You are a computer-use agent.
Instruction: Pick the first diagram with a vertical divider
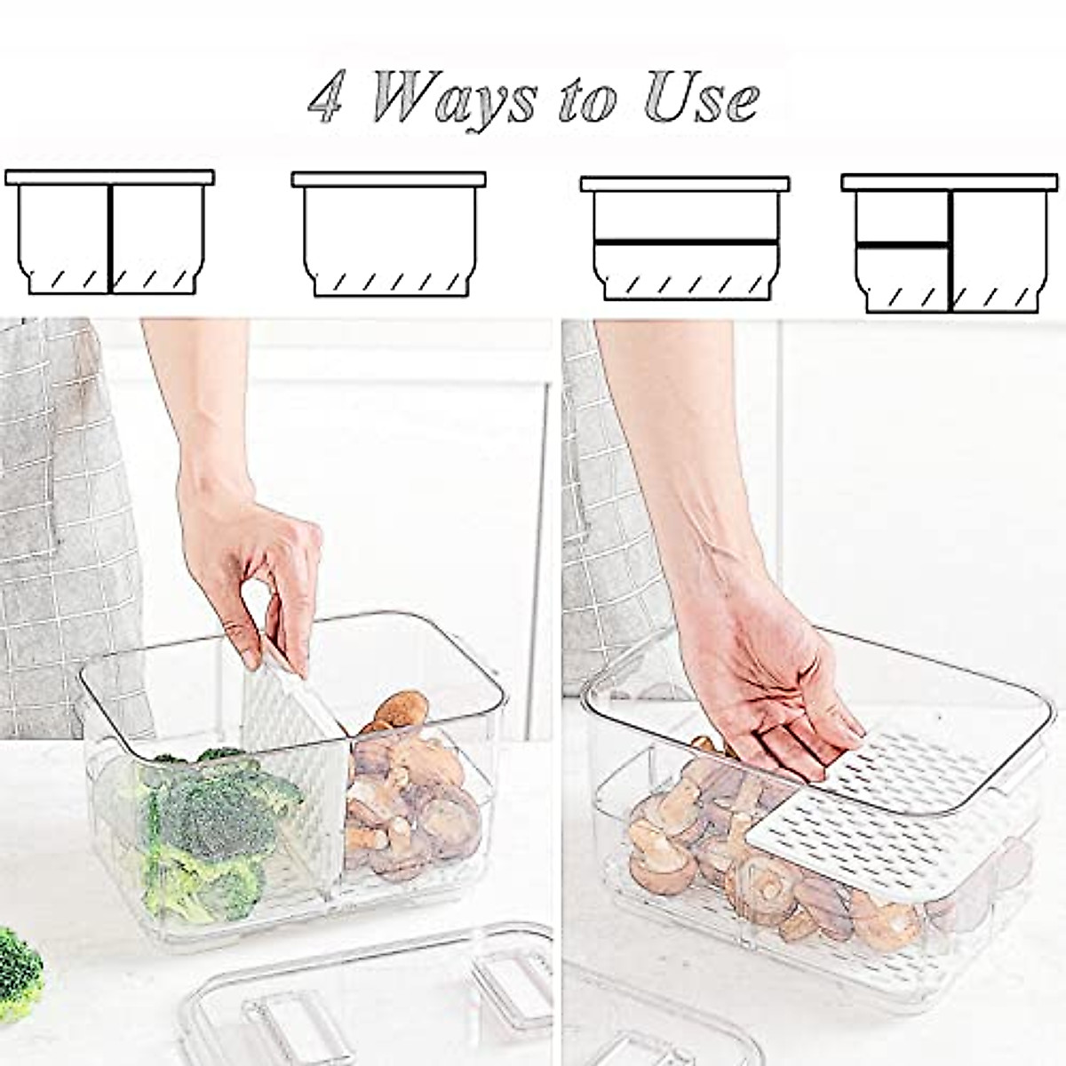[x=110, y=233]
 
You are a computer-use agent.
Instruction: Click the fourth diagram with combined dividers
[x=950, y=242]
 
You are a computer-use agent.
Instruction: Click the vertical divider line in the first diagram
[x=110, y=238]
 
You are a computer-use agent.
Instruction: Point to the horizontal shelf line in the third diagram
[x=685, y=241]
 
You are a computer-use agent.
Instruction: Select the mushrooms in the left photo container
[x=409, y=791]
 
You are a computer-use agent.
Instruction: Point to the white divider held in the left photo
[x=293, y=746]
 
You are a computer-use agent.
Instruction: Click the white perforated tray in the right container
[x=888, y=799]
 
